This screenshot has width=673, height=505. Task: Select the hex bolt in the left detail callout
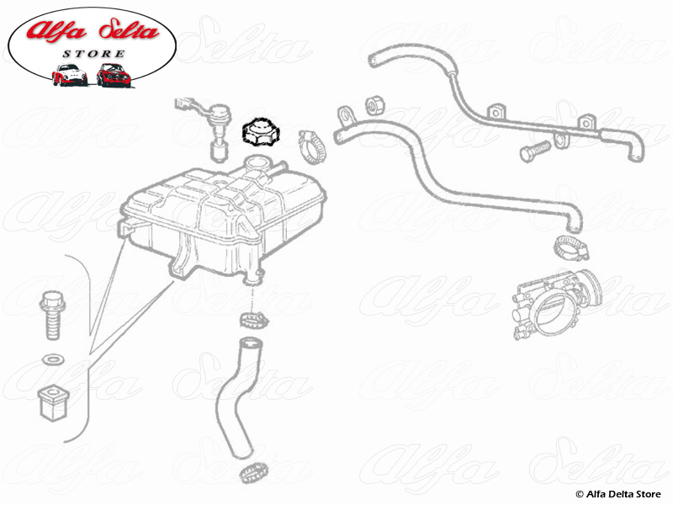50,314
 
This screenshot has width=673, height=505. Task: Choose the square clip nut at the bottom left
52,401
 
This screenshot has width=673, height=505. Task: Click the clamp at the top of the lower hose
252,319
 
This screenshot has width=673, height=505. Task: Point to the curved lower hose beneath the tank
236,396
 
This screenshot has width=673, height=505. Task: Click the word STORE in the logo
93,54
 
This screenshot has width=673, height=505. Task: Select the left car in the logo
69,76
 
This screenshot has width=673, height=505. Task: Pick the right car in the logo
112,75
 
